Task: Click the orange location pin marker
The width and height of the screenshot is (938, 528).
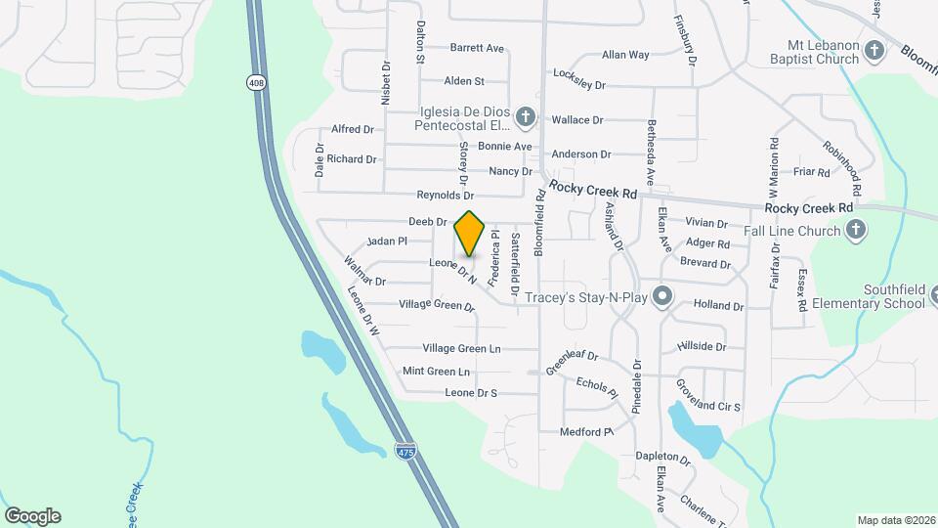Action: pyautogui.click(x=469, y=234)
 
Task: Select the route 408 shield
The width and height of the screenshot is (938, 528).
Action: pyautogui.click(x=256, y=84)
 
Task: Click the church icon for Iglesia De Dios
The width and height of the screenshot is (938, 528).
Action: pyautogui.click(x=526, y=118)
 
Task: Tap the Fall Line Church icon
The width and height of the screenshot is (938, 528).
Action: pyautogui.click(x=855, y=231)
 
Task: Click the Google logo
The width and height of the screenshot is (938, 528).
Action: pyautogui.click(x=32, y=515)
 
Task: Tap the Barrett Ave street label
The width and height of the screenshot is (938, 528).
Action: pyautogui.click(x=477, y=48)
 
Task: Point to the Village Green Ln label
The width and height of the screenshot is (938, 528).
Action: pyautogui.click(x=461, y=348)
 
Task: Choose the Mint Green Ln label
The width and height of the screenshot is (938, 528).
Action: pyautogui.click(x=436, y=372)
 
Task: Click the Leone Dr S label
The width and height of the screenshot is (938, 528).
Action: pyautogui.click(x=471, y=393)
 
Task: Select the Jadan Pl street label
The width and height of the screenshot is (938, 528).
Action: pyautogui.click(x=387, y=241)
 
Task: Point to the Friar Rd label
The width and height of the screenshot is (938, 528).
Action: pyautogui.click(x=811, y=172)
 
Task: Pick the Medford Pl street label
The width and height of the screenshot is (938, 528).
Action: pyautogui.click(x=585, y=431)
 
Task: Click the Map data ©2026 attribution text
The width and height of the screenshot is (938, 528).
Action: pyautogui.click(x=895, y=520)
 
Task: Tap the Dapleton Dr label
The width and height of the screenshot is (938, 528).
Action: pyautogui.click(x=662, y=457)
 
